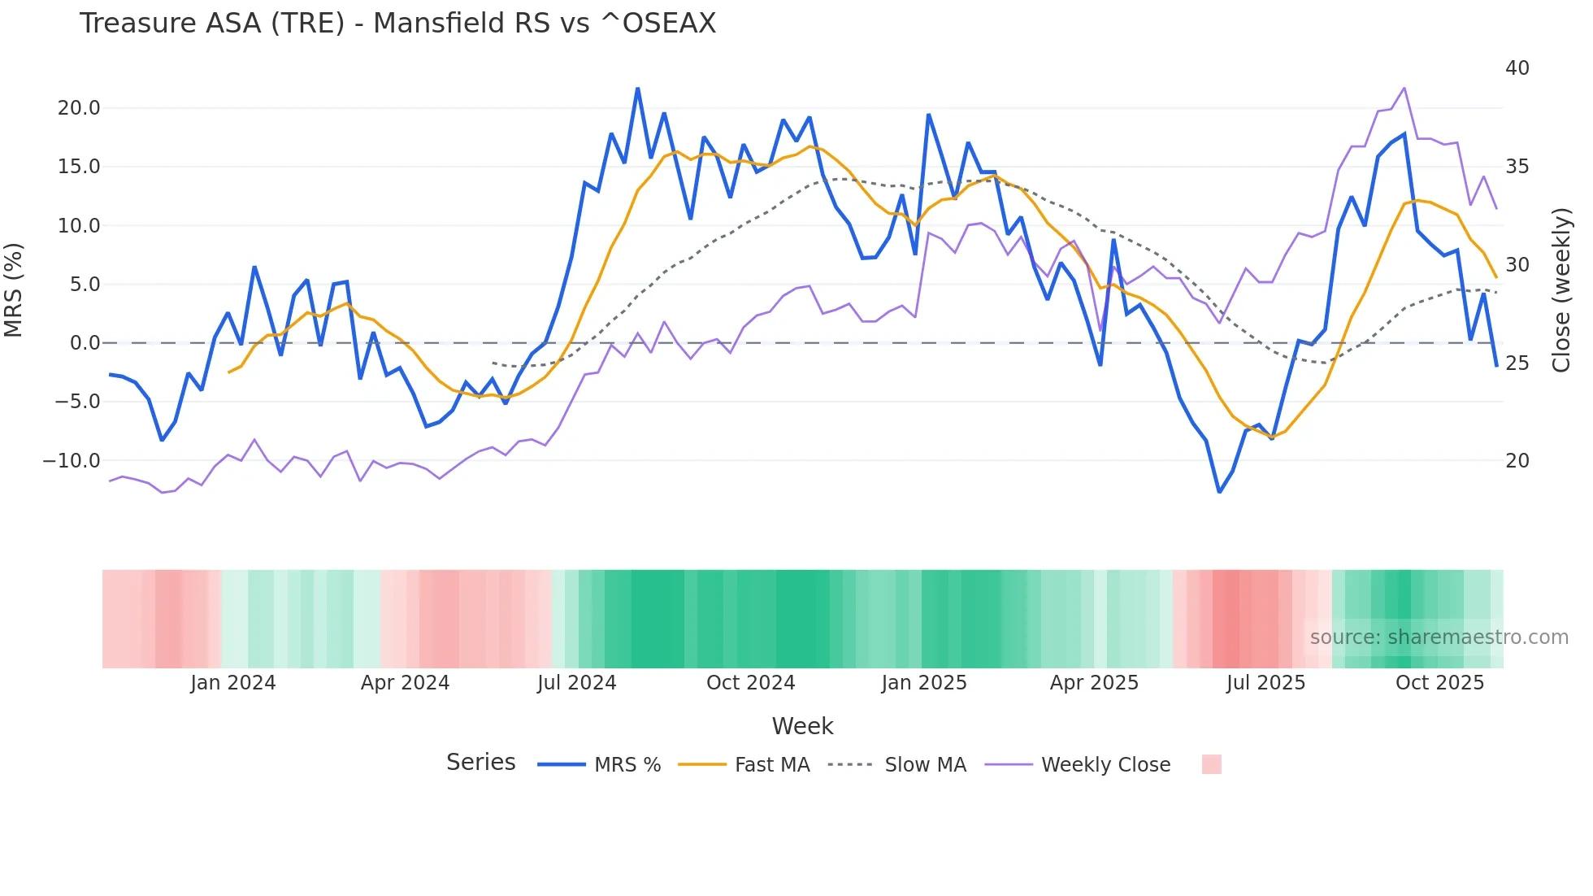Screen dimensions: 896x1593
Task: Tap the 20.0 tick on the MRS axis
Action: pos(79,108)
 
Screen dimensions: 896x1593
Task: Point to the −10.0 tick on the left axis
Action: pos(72,461)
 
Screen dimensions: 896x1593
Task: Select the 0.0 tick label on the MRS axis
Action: pos(85,343)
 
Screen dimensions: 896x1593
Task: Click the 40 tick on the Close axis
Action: pos(1517,68)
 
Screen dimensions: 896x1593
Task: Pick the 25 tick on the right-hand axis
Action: pos(1517,363)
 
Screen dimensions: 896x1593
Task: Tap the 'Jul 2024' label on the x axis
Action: pos(576,683)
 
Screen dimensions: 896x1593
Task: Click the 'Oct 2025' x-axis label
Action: pos(1439,683)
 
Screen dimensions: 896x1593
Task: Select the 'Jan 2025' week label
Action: pos(924,683)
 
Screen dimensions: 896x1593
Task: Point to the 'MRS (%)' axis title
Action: pos(14,290)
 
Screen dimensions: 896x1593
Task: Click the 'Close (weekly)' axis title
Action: pos(1560,290)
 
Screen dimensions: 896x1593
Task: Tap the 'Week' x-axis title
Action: pos(802,726)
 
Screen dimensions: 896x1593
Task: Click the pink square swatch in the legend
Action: pos(1211,764)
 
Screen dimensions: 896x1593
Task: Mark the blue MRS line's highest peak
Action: pos(638,89)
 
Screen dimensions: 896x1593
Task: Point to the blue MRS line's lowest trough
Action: pos(1219,492)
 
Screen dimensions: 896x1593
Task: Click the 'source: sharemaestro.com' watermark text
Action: pos(1439,637)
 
